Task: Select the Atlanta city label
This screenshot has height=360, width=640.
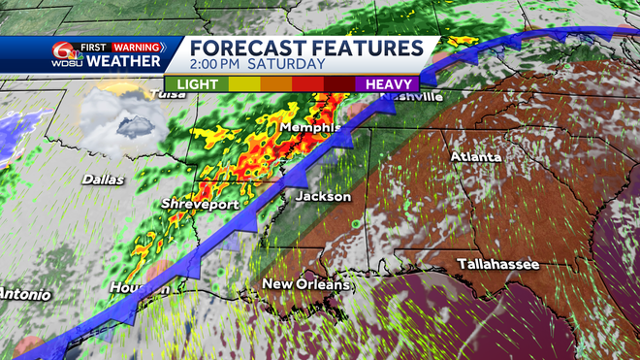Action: click(x=475, y=156)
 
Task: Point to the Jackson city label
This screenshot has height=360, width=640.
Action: click(x=323, y=196)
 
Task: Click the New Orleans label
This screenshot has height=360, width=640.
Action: click(x=305, y=284)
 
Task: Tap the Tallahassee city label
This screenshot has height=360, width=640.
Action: click(x=498, y=264)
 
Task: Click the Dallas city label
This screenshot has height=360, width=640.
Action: click(x=103, y=179)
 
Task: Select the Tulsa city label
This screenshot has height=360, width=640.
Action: click(x=164, y=94)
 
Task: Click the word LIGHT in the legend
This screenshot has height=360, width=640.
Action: click(x=197, y=84)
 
